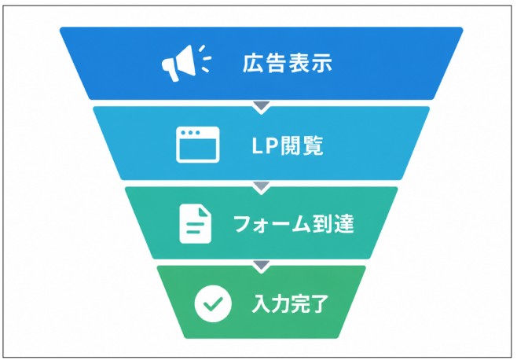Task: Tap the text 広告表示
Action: (x=288, y=63)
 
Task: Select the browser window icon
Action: (x=198, y=145)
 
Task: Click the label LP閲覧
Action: (x=288, y=145)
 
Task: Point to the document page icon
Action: (x=195, y=224)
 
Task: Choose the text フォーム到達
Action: (x=294, y=224)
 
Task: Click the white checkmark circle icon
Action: (x=213, y=303)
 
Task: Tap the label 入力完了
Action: (x=290, y=303)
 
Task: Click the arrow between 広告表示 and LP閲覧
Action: (x=262, y=107)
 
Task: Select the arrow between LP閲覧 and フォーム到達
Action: (x=262, y=187)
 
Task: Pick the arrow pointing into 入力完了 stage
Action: (x=262, y=266)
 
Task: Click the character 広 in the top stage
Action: (x=253, y=63)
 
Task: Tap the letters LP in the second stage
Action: (x=266, y=145)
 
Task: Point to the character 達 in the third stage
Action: (x=344, y=224)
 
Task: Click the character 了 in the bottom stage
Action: (x=319, y=303)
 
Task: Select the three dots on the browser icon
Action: (x=190, y=133)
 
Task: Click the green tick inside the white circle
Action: (x=213, y=304)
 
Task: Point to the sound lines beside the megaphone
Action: (x=205, y=59)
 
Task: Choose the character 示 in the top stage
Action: (x=321, y=63)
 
